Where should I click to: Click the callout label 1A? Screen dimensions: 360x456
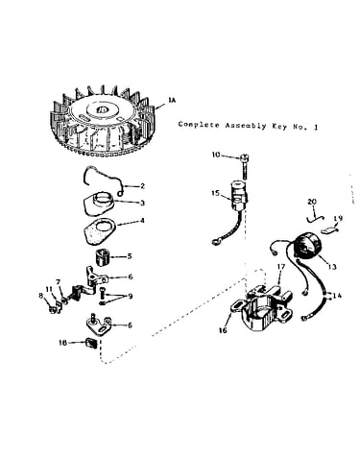(x=172, y=100)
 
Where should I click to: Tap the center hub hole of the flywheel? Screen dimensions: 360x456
(x=102, y=109)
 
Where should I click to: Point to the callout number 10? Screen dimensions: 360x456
(x=216, y=155)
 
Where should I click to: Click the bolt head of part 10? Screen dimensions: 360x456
(x=245, y=157)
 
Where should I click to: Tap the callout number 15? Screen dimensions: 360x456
(x=215, y=193)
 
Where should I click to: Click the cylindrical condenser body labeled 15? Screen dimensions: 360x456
(x=239, y=196)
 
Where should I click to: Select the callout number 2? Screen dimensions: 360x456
(x=142, y=186)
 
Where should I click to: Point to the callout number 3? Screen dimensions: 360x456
(x=142, y=203)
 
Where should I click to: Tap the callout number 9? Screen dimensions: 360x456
(x=131, y=297)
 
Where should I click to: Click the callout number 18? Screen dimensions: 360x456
(x=62, y=343)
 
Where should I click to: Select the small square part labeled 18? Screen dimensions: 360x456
(x=91, y=343)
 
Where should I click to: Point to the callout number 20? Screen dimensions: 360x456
(x=312, y=202)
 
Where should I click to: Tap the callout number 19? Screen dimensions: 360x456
(x=338, y=218)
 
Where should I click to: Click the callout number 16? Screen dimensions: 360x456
(x=223, y=330)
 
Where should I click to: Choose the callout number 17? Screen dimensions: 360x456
(x=280, y=266)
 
